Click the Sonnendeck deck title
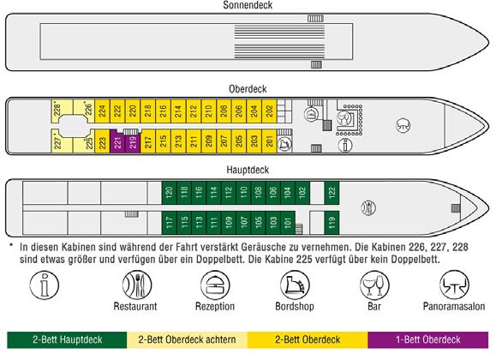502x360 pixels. point(248,5)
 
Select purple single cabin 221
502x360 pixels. point(117,141)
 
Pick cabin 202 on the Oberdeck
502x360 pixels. point(269,111)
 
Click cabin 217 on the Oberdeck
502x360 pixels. point(148,141)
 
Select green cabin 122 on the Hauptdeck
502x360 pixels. point(332,193)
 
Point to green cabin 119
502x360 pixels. point(332,223)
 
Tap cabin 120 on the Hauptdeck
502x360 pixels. point(169,193)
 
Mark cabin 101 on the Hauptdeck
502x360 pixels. point(288,223)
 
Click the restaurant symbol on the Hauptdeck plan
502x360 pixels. point(368,208)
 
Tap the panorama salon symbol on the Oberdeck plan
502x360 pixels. point(403,125)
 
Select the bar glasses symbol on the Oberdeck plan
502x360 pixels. point(345,119)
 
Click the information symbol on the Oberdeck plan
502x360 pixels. point(345,145)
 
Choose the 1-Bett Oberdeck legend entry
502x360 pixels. point(428,339)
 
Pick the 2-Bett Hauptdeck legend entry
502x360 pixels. point(67,339)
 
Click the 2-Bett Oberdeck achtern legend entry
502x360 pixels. point(188,339)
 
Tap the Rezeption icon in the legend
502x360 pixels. point(215,285)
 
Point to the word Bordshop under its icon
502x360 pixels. point(295,306)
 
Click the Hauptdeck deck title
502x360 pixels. point(248,170)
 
